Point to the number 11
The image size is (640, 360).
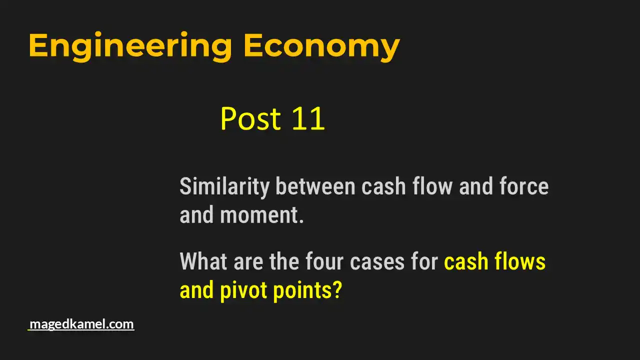coord(308,119)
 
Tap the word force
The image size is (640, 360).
coord(524,187)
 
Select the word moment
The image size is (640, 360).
coord(258,215)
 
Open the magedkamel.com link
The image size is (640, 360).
coord(81,324)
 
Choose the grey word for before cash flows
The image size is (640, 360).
coord(425,261)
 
